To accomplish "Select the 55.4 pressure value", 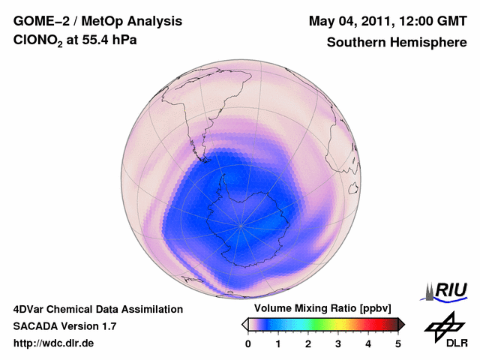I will (102, 42).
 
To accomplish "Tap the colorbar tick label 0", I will (247, 343).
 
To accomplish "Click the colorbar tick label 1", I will (277, 343).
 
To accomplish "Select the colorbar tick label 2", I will (307, 343).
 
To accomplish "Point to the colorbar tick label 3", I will (337, 343).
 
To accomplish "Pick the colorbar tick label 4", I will (368, 343).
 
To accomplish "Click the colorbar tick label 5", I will (398, 343).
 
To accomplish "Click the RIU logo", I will (448, 290).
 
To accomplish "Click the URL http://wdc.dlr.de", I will (54, 343).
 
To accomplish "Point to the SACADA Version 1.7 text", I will (64, 326).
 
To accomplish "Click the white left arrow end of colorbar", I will (244, 324).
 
